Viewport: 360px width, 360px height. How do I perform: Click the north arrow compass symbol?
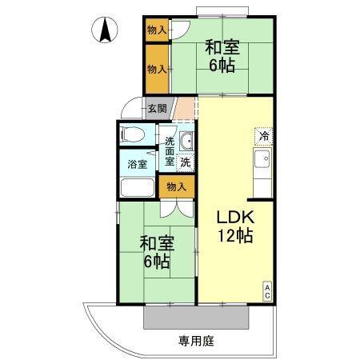105,31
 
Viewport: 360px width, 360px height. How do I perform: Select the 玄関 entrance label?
157,109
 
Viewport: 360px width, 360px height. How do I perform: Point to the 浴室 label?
137,165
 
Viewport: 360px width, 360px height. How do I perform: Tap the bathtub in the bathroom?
138,190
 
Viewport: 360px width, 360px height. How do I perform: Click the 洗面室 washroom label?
170,151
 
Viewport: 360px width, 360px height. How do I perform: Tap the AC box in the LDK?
267,293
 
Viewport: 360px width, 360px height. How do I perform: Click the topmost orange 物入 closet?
156,30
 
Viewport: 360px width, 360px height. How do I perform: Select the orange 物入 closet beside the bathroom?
176,186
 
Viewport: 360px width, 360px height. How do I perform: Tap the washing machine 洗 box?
186,162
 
